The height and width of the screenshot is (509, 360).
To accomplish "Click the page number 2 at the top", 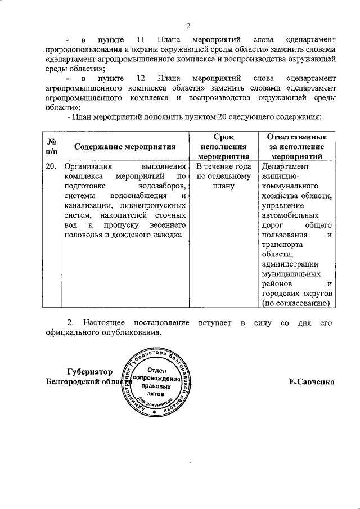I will [x=189, y=25].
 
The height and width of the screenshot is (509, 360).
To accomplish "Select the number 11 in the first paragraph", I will [x=142, y=39].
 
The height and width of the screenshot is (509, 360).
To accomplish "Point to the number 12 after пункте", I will [x=142, y=78].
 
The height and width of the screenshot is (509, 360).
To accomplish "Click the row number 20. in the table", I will [x=51, y=167].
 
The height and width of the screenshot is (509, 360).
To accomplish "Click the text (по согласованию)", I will [x=296, y=303].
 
